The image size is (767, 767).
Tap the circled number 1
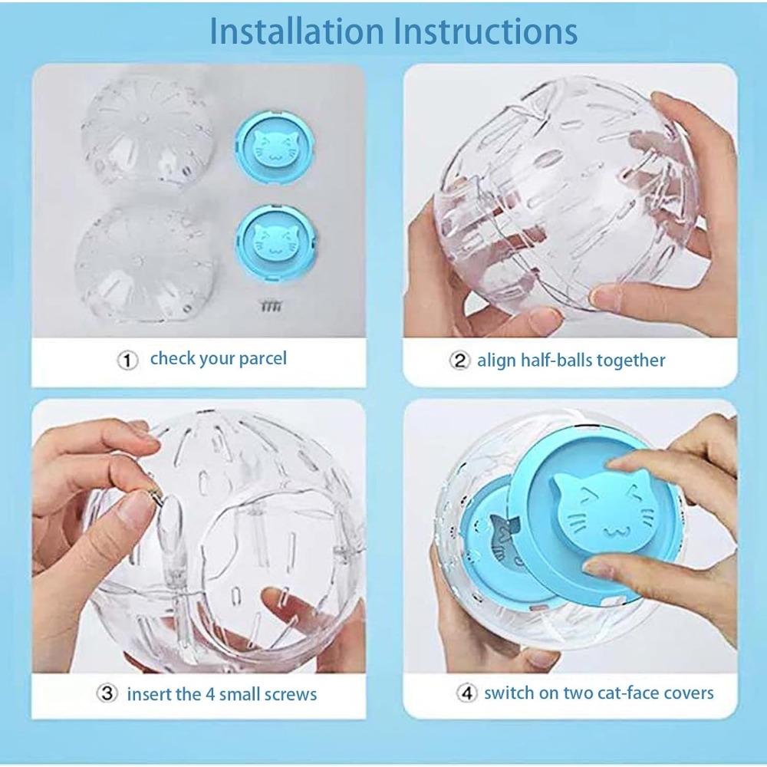pos(127,360)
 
